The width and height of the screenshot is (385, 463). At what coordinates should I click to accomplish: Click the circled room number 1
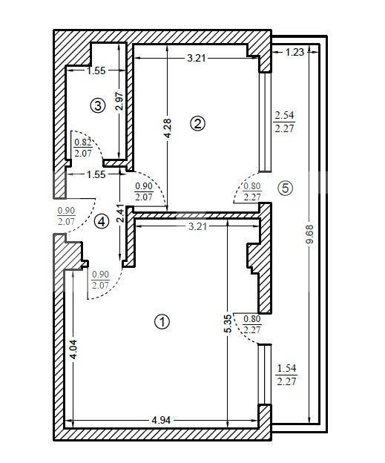(162, 321)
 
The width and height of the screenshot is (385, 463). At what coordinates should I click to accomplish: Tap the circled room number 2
(197, 124)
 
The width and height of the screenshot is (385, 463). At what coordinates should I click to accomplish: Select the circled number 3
(97, 105)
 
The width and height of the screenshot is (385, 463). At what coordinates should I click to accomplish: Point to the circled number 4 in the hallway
(102, 220)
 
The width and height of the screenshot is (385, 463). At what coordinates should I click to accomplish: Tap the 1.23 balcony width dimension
(294, 52)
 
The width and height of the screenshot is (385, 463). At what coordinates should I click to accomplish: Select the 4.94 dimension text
(162, 420)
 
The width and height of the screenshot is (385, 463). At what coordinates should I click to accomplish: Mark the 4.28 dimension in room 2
(168, 129)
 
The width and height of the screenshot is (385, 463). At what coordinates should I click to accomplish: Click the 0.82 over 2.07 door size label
(82, 148)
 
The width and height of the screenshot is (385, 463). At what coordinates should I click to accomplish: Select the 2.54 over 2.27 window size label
(286, 122)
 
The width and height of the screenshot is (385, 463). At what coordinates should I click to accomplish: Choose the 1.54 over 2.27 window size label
(286, 375)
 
